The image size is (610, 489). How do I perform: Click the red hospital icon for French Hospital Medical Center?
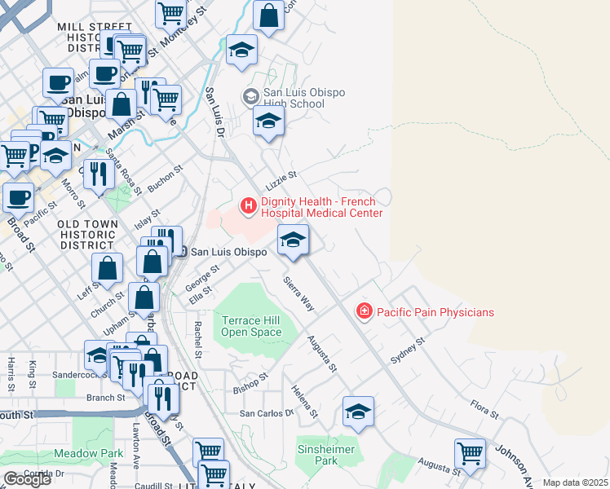pyautogui.click(x=248, y=205)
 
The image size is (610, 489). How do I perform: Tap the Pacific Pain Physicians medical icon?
pyautogui.click(x=364, y=311)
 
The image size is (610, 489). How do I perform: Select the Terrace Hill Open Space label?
pyautogui.click(x=251, y=326)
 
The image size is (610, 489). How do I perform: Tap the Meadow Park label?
pyautogui.click(x=88, y=453)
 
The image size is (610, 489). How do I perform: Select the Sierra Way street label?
pyautogui.click(x=298, y=293)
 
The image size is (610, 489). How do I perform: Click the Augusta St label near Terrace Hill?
pyautogui.click(x=321, y=352)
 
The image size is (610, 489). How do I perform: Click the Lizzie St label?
pyautogui.click(x=280, y=176)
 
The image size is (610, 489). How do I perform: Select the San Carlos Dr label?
pyautogui.click(x=266, y=413)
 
